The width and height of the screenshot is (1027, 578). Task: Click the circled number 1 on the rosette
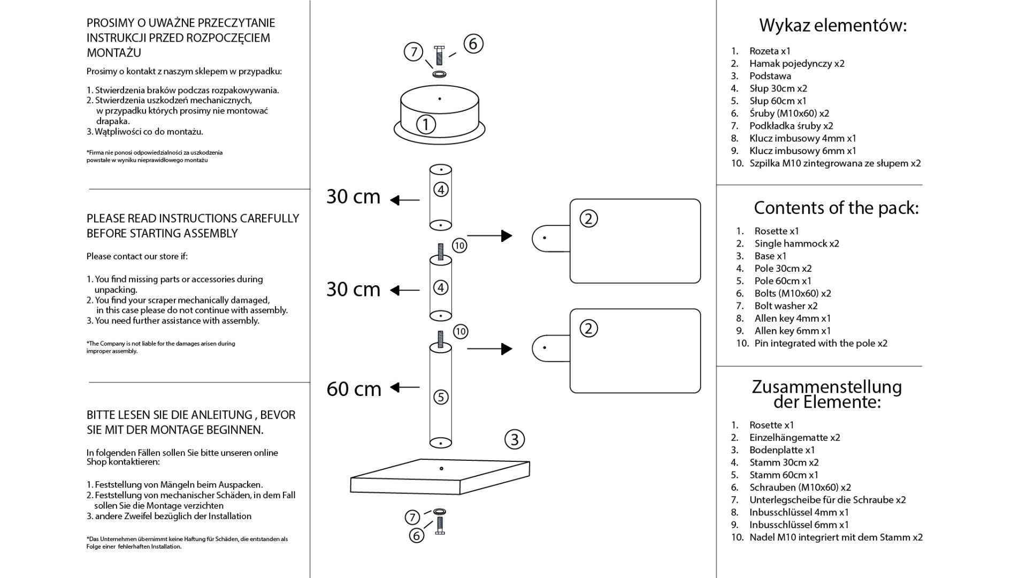[426, 125]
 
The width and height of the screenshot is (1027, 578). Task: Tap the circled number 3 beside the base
[515, 439]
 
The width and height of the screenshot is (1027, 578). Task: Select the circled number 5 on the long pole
[441, 397]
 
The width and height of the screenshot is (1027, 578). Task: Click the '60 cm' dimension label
[354, 389]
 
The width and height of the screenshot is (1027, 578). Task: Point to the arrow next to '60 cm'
[405, 387]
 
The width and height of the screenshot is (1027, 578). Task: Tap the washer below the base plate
[440, 512]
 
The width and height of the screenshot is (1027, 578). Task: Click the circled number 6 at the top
[473, 43]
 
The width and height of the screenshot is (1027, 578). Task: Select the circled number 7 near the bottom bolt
[412, 518]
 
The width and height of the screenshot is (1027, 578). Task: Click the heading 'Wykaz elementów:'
[833, 25]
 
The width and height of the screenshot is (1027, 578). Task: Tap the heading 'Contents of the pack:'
[836, 208]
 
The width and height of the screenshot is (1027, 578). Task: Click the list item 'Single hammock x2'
[796, 244]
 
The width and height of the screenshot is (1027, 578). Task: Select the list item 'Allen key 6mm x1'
[793, 331]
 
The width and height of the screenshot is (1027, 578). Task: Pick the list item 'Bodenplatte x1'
[782, 450]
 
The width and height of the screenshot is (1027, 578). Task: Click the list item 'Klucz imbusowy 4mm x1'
[802, 138]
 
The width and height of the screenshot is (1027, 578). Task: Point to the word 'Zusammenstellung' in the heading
[827, 386]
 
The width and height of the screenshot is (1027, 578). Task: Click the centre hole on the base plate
[441, 469]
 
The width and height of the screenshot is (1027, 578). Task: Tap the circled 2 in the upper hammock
[588, 219]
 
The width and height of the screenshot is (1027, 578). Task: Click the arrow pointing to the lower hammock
[489, 349]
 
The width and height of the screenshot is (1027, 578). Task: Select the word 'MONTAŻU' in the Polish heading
[114, 53]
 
